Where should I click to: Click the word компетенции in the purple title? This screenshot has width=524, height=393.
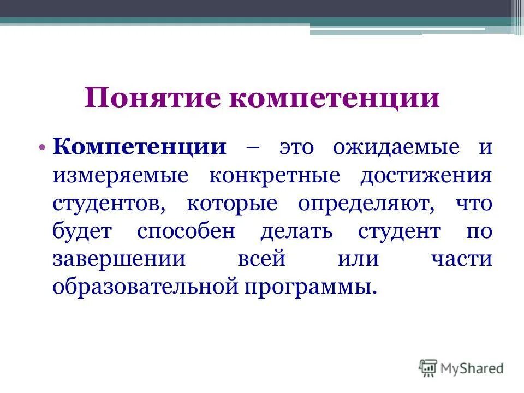click(x=318, y=99)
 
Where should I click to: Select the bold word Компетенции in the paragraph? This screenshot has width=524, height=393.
click(x=140, y=148)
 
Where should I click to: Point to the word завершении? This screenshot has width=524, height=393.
click(x=119, y=259)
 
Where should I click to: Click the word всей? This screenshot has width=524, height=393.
click(x=261, y=259)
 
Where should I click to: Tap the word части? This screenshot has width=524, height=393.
click(x=461, y=259)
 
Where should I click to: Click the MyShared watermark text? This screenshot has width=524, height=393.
click(x=472, y=368)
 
